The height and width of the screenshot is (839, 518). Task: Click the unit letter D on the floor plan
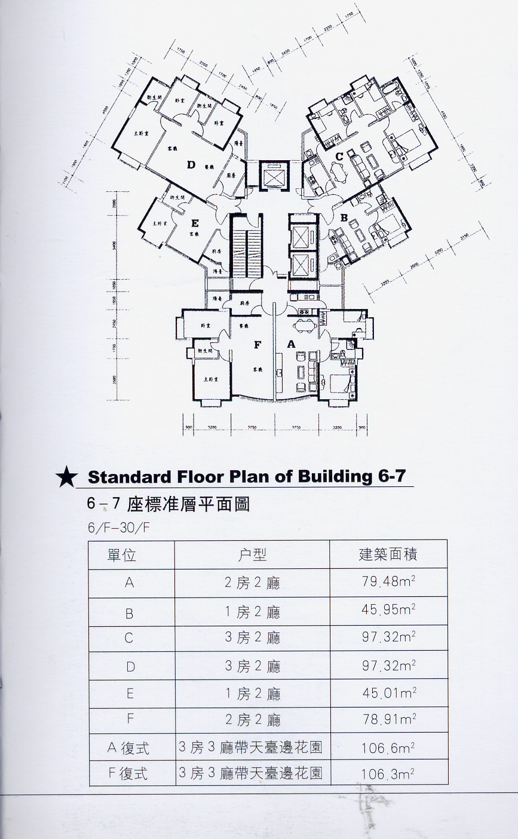(x=191, y=165)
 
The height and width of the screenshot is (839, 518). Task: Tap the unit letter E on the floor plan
(x=195, y=223)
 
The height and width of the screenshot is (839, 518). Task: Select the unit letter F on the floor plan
(x=258, y=344)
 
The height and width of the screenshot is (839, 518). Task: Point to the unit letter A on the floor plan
(x=292, y=344)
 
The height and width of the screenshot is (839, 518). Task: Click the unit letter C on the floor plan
(x=339, y=157)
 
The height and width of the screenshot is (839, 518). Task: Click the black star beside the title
(x=66, y=477)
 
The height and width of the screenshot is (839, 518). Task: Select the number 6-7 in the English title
(x=391, y=476)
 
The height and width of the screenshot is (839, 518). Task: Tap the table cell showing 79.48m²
(x=388, y=582)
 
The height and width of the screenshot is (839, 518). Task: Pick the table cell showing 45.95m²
(x=388, y=611)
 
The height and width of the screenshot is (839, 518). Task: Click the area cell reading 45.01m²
(x=388, y=693)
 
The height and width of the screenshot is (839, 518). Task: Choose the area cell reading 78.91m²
(x=388, y=720)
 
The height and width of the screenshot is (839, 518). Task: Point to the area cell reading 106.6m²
(x=388, y=748)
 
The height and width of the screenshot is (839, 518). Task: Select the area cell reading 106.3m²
(x=388, y=774)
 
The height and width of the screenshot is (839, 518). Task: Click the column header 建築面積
(x=388, y=555)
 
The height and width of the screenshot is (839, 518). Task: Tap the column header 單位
(x=122, y=555)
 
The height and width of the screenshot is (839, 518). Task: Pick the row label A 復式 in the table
(x=128, y=748)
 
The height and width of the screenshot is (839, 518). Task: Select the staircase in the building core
(x=246, y=246)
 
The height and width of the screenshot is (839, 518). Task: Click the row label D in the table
(x=128, y=666)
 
